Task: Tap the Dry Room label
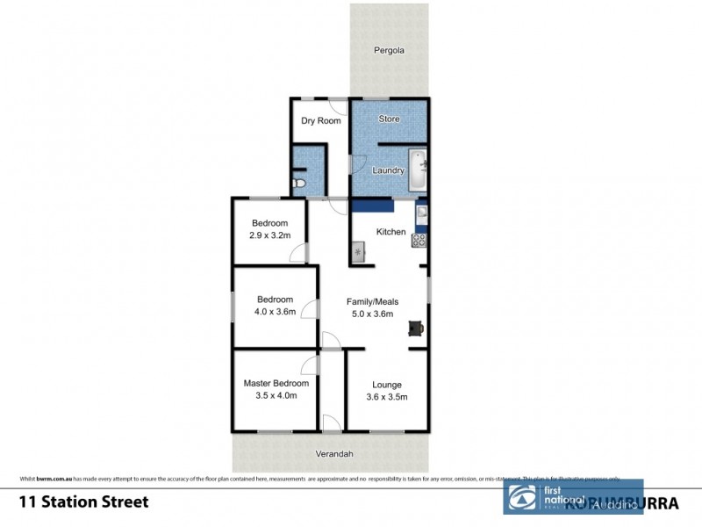click(x=320, y=121)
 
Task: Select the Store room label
click(x=389, y=119)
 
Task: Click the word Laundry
click(x=388, y=170)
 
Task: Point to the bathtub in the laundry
click(x=419, y=170)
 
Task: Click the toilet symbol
click(x=299, y=183)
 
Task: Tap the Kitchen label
click(x=390, y=232)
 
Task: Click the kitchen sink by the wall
click(x=421, y=212)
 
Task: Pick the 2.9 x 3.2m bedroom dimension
click(x=269, y=236)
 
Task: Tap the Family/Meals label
click(x=373, y=301)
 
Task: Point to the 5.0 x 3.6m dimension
click(x=373, y=314)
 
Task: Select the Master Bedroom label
click(x=276, y=383)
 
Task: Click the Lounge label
click(x=387, y=385)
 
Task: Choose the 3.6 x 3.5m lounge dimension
click(x=387, y=397)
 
